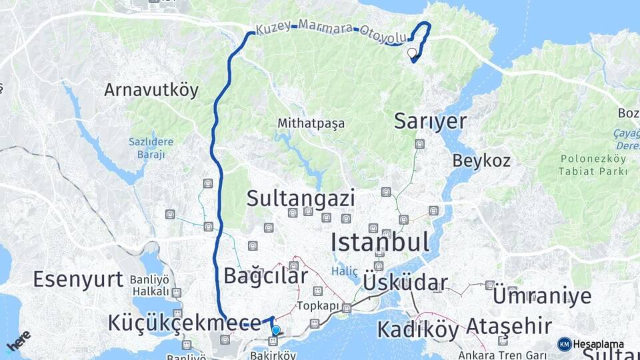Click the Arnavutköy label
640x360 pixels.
(151, 90)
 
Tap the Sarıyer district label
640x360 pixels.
(429, 121)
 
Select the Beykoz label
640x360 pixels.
(481, 161)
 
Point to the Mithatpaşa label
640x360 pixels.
(311, 123)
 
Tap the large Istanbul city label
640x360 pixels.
(380, 241)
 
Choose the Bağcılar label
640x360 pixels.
(266, 275)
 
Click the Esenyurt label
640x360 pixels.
(78, 279)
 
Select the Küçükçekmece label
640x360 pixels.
(184, 323)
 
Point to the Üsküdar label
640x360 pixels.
(405, 283)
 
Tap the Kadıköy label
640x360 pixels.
(417, 329)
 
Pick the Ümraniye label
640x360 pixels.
(541, 296)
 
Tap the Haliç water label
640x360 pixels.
(345, 271)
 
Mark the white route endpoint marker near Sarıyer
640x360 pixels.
(411, 53)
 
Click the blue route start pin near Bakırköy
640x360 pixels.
(275, 330)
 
